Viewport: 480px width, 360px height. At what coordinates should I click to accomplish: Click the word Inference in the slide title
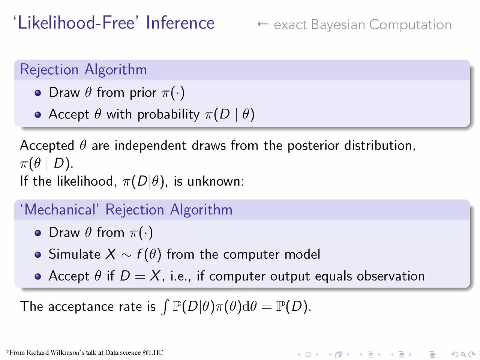point(180,22)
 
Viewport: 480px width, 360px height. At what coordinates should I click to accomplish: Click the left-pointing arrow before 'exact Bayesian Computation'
point(263,24)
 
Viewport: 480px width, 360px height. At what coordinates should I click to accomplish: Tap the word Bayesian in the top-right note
point(338,25)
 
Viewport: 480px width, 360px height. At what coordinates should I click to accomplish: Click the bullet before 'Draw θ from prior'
point(38,93)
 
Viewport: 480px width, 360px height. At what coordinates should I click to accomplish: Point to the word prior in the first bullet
point(143,93)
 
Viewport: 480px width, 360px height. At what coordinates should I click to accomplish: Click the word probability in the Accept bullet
point(168,114)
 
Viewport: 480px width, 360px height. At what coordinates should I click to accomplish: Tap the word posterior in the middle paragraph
point(313,146)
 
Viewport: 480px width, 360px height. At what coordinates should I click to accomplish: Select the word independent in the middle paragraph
point(150,145)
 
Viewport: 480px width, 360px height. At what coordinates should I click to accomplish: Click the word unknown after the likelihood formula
point(216,181)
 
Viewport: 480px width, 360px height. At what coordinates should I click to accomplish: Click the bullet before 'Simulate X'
point(38,255)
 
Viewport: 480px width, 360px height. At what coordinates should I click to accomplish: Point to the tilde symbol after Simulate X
point(126,255)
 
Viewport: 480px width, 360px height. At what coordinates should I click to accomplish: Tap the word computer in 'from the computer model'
point(251,255)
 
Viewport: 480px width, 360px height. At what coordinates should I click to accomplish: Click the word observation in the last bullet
point(391,276)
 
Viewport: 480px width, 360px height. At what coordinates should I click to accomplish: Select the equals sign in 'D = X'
point(140,277)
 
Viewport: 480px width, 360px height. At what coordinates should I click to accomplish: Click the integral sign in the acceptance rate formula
point(165,307)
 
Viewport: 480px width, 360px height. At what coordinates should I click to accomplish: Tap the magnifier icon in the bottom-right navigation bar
point(463,354)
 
